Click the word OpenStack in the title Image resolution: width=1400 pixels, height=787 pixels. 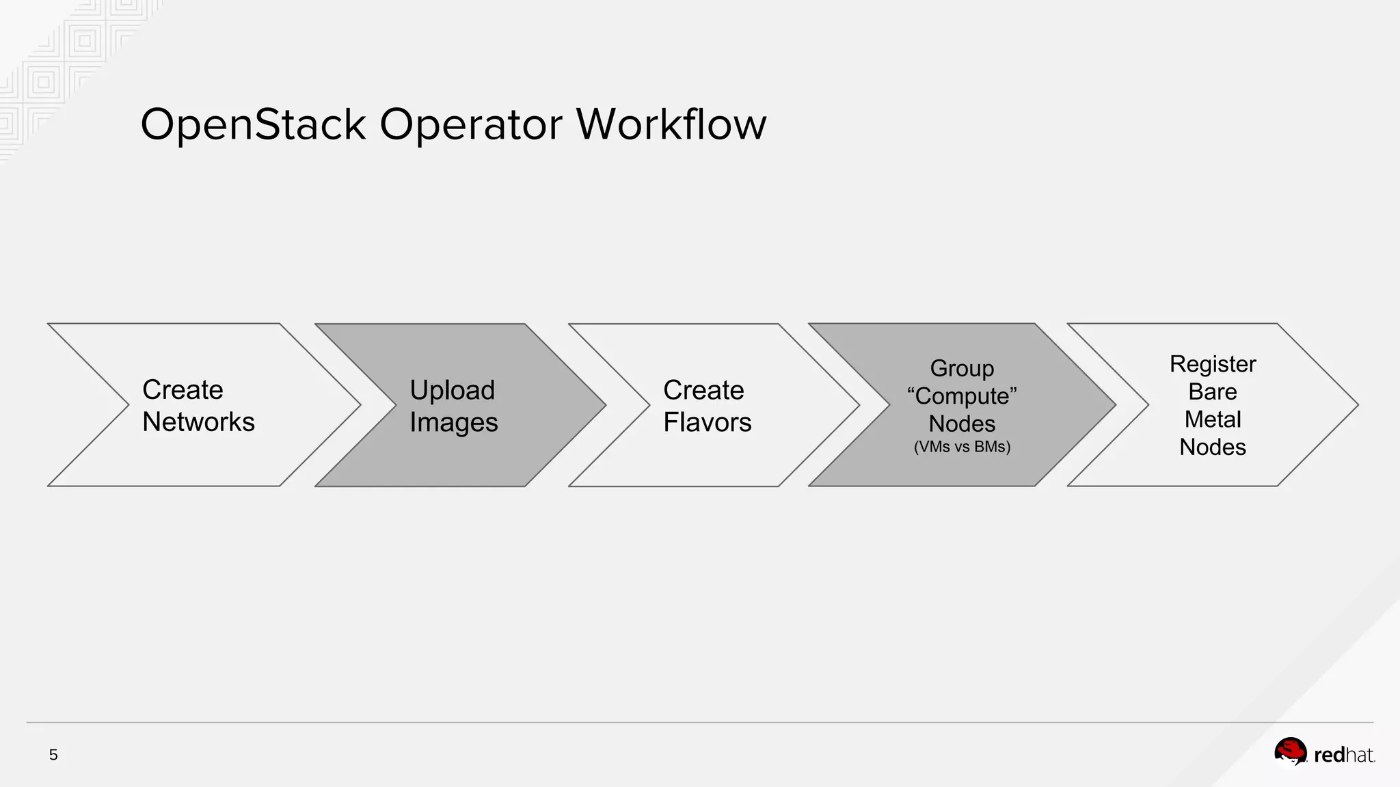[253, 125]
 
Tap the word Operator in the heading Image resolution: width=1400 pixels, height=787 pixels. [470, 125]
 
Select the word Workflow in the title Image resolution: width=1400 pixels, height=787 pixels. [671, 125]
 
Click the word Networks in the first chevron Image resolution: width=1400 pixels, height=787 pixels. [198, 422]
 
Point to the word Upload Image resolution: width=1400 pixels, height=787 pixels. [452, 390]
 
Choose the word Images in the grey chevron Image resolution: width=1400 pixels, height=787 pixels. [453, 423]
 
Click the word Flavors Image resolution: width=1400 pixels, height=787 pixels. [707, 423]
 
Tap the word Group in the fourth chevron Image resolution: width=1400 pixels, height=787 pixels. [962, 368]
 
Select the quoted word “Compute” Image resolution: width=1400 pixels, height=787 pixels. [962, 396]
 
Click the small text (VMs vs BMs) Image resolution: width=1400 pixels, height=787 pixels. [962, 447]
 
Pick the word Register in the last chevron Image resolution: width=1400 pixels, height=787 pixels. [1213, 364]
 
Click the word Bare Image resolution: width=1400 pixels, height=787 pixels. [1213, 392]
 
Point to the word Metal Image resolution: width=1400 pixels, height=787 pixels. [1213, 419]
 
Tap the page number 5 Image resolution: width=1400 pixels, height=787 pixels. [53, 755]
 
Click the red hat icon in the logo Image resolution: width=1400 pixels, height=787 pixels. [1290, 752]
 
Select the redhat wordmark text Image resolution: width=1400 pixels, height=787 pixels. [1344, 755]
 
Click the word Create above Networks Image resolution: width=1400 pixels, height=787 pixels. [183, 390]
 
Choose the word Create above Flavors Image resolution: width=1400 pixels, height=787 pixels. [703, 390]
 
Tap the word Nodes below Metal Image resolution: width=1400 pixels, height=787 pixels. [1213, 447]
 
